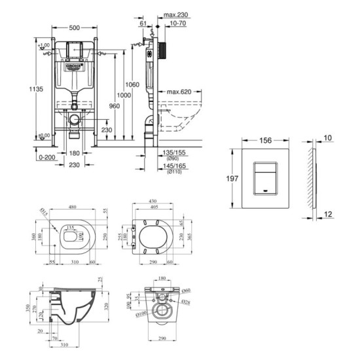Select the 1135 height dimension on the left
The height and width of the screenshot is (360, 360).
pyautogui.click(x=23, y=90)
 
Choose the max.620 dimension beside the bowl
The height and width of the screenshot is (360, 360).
pyautogui.click(x=179, y=92)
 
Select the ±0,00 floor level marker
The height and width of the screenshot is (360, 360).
pyautogui.click(x=43, y=135)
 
